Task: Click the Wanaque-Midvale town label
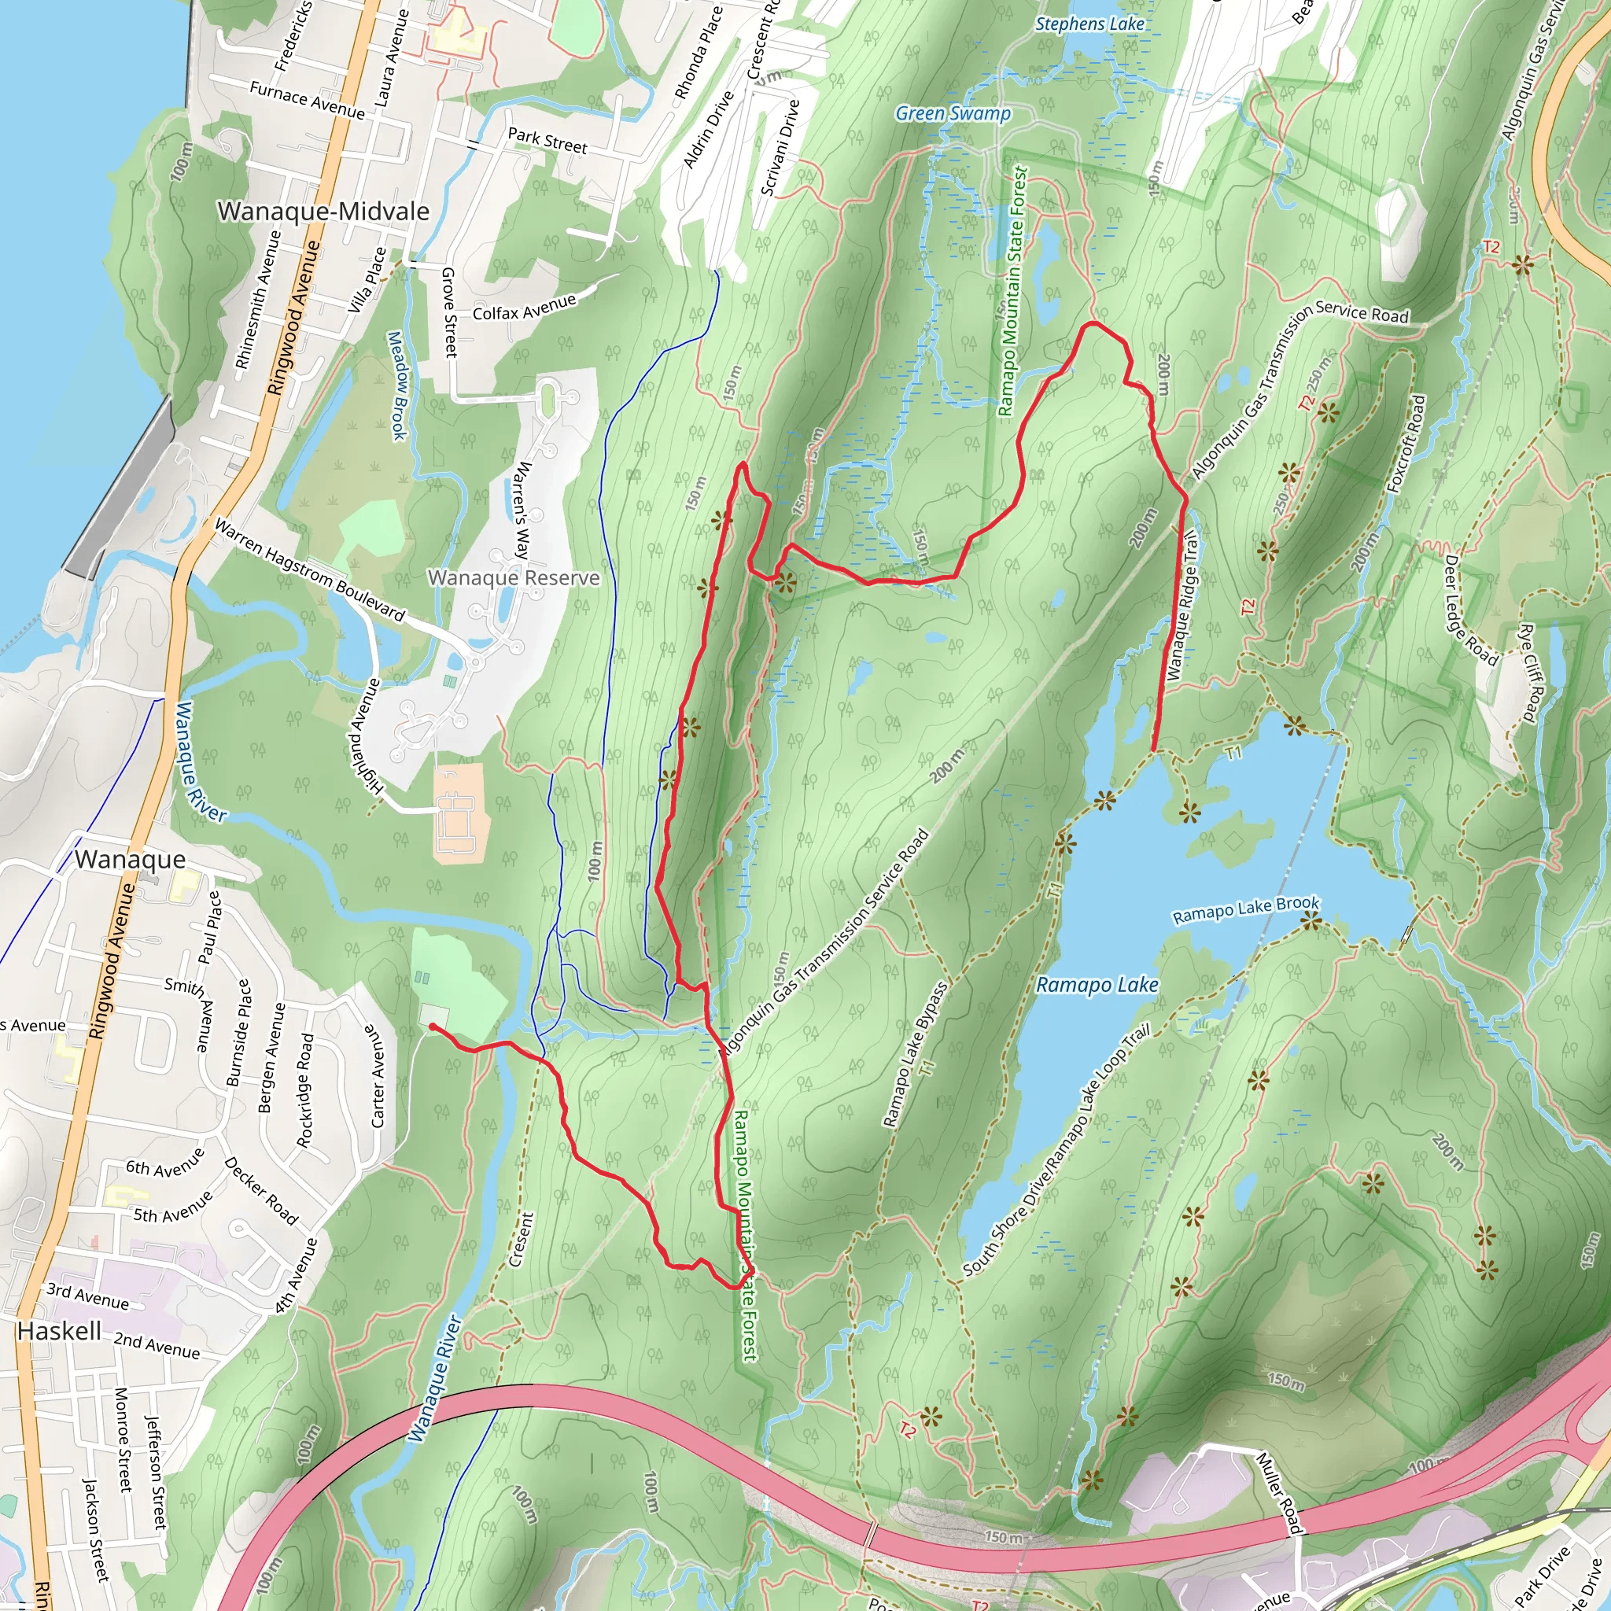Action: (x=323, y=212)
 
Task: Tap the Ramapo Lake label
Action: (x=1097, y=986)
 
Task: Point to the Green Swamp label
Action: (x=953, y=113)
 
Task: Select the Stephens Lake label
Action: (x=1089, y=24)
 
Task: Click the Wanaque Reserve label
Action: (x=514, y=578)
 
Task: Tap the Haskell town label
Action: (x=59, y=1331)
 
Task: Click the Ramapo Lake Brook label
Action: (x=1246, y=910)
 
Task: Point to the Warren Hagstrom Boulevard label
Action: (x=309, y=570)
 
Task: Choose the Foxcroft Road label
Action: (x=1406, y=444)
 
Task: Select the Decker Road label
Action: (x=261, y=1191)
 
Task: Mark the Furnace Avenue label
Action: (x=307, y=99)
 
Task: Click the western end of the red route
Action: (x=433, y=1027)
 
